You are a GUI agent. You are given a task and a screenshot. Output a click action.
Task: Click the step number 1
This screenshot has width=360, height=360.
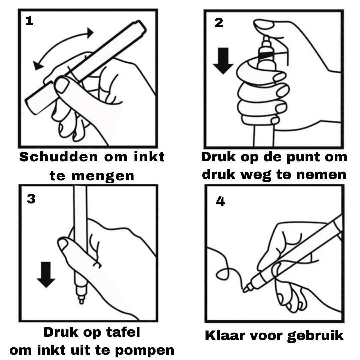[29, 21]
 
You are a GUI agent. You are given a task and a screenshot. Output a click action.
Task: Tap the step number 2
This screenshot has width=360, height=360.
[219, 23]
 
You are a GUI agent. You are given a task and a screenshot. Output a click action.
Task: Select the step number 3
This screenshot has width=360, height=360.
[31, 199]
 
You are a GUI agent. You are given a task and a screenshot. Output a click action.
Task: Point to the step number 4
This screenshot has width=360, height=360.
[220, 202]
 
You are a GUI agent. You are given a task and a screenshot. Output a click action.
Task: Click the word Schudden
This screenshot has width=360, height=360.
[59, 157]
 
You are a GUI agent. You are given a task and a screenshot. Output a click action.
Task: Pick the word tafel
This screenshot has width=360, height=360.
[123, 332]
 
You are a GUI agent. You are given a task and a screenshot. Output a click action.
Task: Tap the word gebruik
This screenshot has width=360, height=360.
[315, 336]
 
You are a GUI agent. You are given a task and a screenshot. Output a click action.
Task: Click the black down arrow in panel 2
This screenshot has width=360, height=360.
[223, 61]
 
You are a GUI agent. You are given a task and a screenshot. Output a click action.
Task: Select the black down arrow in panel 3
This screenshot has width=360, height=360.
[46, 275]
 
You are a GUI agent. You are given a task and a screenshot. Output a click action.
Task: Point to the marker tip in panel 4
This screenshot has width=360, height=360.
[245, 289]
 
